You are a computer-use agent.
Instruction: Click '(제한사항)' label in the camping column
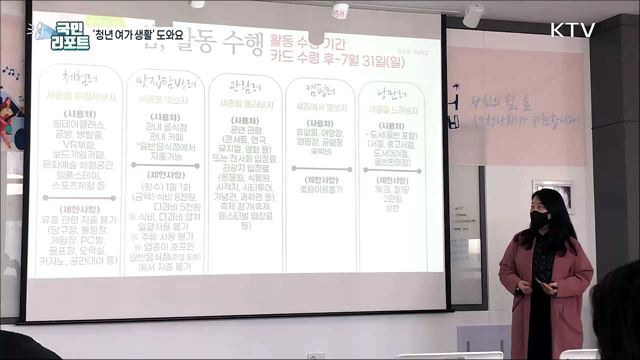point(321,179)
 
